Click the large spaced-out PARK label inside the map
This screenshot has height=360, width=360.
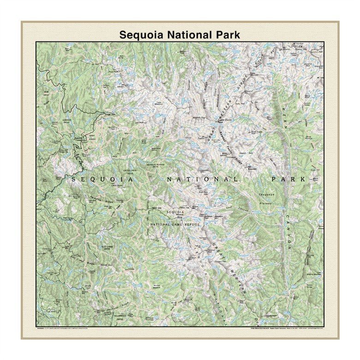[x=288, y=179]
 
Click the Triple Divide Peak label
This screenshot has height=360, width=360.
[x=223, y=120]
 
